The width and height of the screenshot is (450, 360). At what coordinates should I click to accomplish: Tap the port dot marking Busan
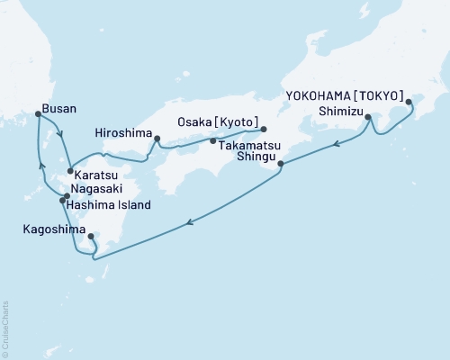click(x=37, y=113)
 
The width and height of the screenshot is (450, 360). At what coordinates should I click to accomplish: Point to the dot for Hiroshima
click(x=157, y=139)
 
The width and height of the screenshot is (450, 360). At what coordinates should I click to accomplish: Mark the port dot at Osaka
click(x=264, y=129)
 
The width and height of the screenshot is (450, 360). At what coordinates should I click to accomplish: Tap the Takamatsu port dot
click(x=212, y=141)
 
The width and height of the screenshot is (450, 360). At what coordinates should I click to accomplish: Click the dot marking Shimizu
click(x=368, y=117)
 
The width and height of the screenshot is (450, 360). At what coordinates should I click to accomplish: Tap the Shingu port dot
click(x=282, y=164)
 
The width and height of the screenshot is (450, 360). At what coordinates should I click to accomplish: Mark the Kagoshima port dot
click(x=91, y=237)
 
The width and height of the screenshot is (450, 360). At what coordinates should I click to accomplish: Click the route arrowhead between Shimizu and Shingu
click(x=334, y=144)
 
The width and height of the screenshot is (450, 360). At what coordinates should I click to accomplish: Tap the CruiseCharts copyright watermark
click(x=5, y=328)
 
